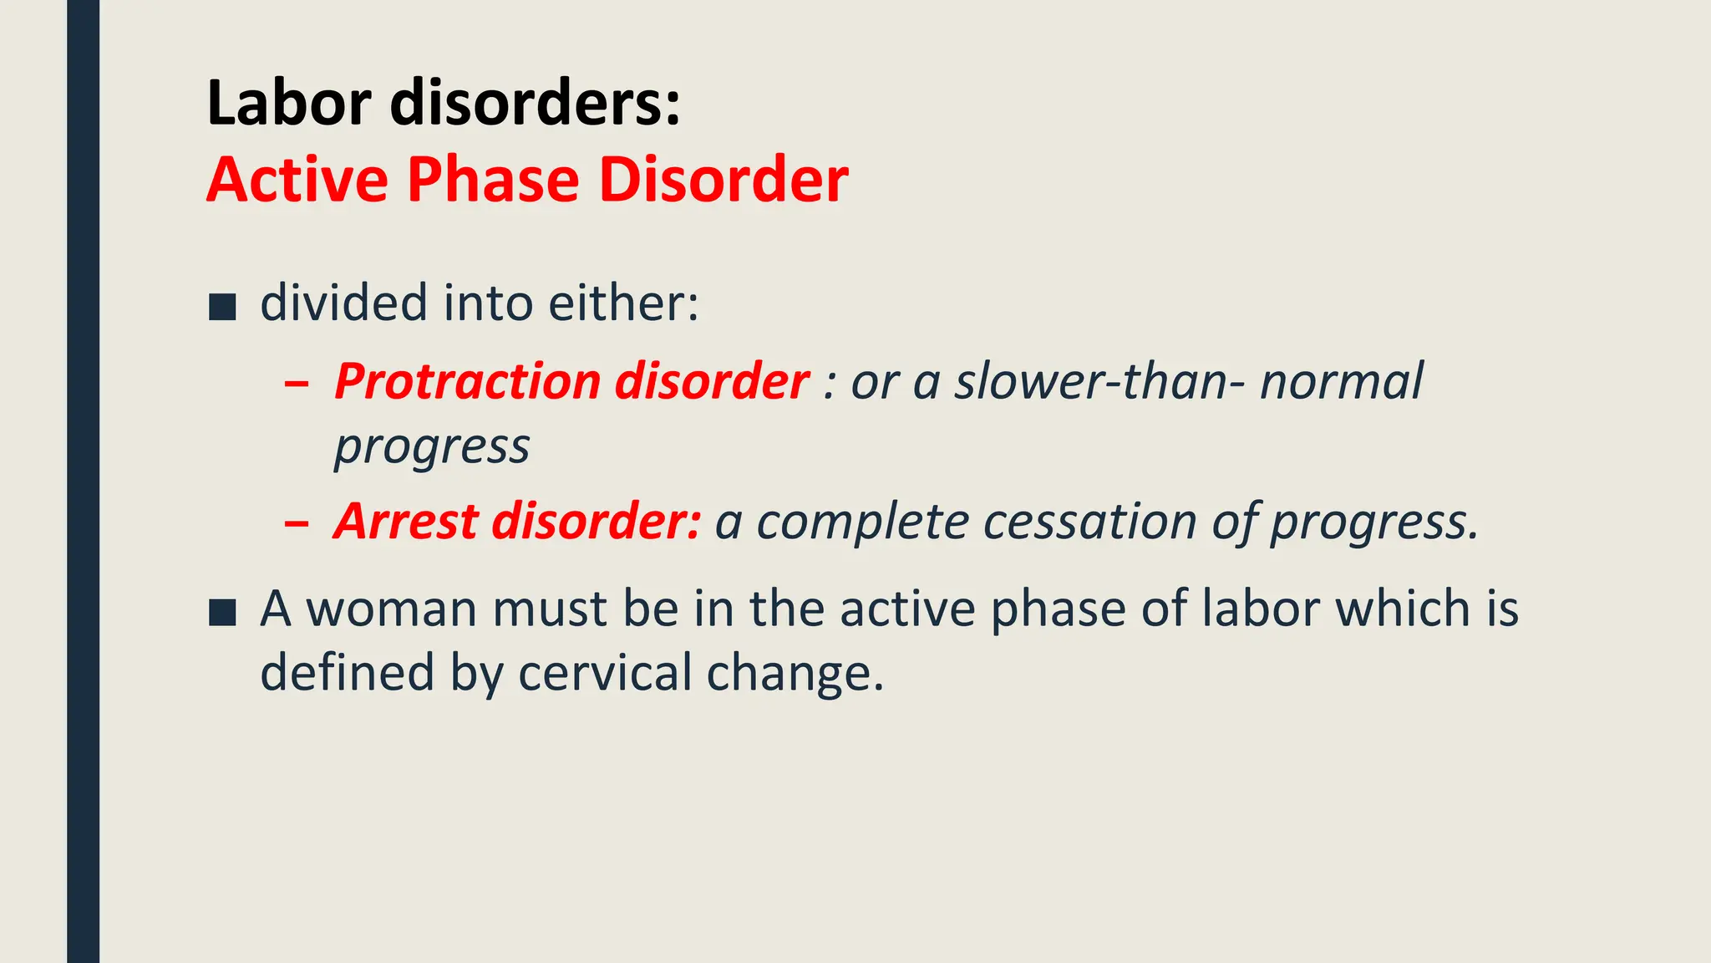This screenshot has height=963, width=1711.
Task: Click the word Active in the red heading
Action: coord(297,180)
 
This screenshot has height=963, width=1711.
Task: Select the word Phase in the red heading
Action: coord(493,180)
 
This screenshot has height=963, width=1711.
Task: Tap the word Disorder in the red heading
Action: coord(723,180)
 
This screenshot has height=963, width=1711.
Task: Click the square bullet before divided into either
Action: coord(222,307)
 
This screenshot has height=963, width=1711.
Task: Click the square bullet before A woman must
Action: coord(222,612)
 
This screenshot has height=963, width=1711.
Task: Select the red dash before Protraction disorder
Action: coord(296,385)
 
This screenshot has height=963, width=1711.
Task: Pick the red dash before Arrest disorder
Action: coord(296,524)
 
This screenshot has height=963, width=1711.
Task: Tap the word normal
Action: coord(1340,382)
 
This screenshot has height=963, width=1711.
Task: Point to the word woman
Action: coord(392,609)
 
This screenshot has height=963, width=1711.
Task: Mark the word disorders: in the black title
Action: coord(535,103)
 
